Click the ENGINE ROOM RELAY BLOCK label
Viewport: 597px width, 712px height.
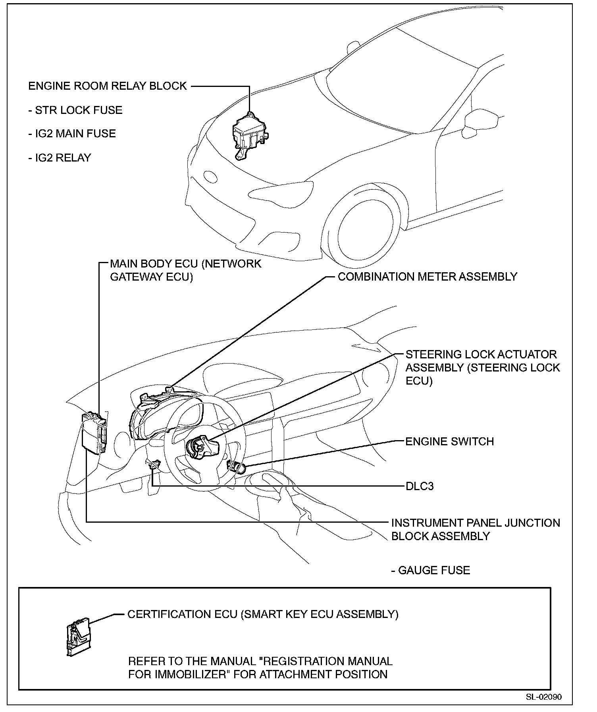pyautogui.click(x=107, y=86)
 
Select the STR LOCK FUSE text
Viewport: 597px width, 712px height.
pyautogui.click(x=75, y=110)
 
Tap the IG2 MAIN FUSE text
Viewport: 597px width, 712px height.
pyautogui.click(x=72, y=133)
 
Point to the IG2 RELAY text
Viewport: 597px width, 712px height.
pyautogui.click(x=60, y=158)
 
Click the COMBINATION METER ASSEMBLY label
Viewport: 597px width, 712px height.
pyautogui.click(x=427, y=277)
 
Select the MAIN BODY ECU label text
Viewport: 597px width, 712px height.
pyautogui.click(x=185, y=270)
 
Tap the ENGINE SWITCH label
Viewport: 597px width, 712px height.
pyautogui.click(x=449, y=441)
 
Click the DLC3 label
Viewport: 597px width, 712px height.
pyautogui.click(x=420, y=486)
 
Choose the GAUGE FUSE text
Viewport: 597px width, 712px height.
pyautogui.click(x=431, y=570)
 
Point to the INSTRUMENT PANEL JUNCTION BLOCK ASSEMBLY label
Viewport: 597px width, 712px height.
pyautogui.click(x=476, y=529)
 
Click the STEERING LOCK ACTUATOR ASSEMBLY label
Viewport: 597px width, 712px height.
pyautogui.click(x=482, y=368)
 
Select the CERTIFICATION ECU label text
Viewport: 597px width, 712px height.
pyautogui.click(x=263, y=614)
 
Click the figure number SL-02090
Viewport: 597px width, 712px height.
pyautogui.click(x=544, y=697)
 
